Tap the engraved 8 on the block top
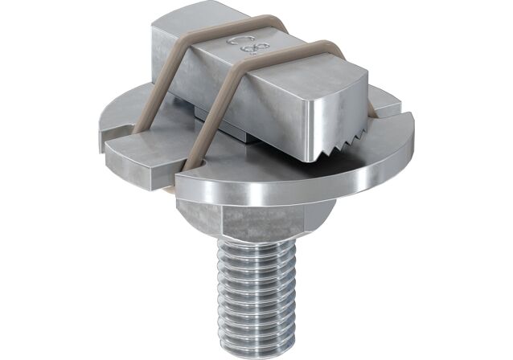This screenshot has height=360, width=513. pyautogui.click(x=255, y=51)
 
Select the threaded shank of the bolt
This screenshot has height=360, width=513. pyautogui.click(x=257, y=281)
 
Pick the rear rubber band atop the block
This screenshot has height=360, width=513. pyautogui.click(x=201, y=36)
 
